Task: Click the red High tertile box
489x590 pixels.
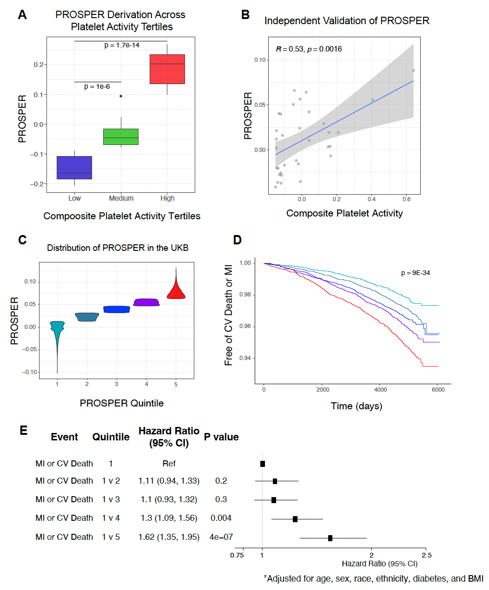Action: coord(167,69)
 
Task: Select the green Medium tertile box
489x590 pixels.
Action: coord(121,137)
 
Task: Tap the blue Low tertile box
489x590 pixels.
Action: coord(74,168)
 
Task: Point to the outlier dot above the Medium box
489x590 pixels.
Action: coord(121,96)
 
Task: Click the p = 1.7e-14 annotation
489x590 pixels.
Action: coord(122,45)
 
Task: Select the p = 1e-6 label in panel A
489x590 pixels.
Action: coord(97,86)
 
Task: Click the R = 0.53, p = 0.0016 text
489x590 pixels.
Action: coord(309,49)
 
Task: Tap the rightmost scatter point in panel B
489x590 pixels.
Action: coord(413,71)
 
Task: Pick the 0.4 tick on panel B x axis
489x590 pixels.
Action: coord(371,199)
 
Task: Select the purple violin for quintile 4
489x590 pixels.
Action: coord(146,302)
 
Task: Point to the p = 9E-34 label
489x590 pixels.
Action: coord(416,273)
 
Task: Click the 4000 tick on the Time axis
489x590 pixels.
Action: coord(381,390)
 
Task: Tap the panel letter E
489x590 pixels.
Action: coord(23,431)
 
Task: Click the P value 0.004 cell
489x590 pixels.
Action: coord(221,518)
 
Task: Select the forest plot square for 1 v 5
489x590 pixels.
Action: coord(330,538)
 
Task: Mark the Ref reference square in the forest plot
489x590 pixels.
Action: coord(263,464)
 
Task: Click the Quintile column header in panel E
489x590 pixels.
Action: coord(111,437)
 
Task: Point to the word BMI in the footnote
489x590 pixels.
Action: coord(475,579)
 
